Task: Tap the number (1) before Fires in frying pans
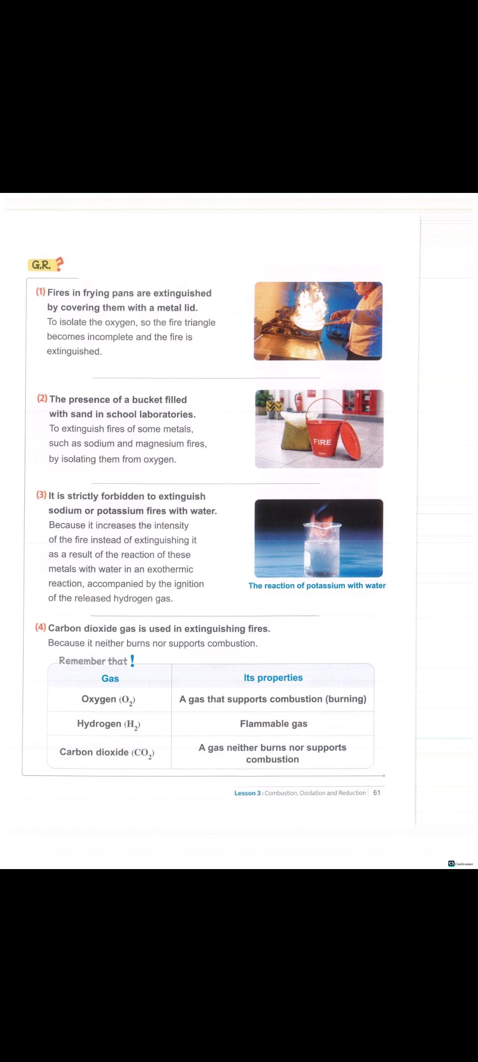pyautogui.click(x=41, y=292)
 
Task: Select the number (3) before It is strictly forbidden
pyautogui.click(x=42, y=495)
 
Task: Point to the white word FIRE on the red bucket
pyautogui.click(x=322, y=442)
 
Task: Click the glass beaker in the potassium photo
pyautogui.click(x=322, y=549)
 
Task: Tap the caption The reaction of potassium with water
pyautogui.click(x=317, y=585)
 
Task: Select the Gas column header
pyautogui.click(x=110, y=678)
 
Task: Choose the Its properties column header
pyautogui.click(x=273, y=678)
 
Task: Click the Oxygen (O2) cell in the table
pyautogui.click(x=108, y=700)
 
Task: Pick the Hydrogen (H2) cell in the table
pyautogui.click(x=108, y=724)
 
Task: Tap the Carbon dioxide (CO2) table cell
pyautogui.click(x=107, y=753)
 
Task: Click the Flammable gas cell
pyautogui.click(x=274, y=723)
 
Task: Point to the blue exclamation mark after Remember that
pyautogui.click(x=132, y=661)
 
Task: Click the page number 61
pyautogui.click(x=377, y=793)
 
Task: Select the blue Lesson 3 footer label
pyautogui.click(x=247, y=793)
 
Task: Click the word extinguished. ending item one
pyautogui.click(x=74, y=351)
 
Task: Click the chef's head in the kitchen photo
pyautogui.click(x=363, y=292)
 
